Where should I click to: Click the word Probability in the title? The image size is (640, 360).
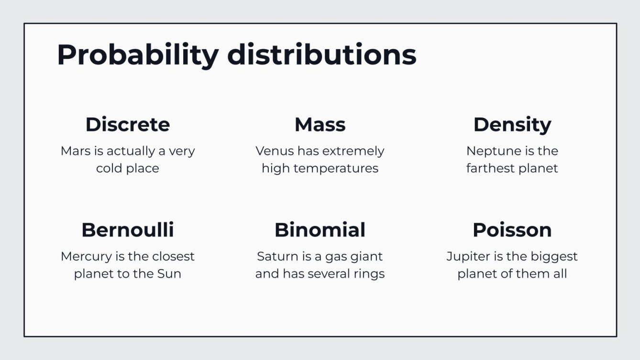pos(138,55)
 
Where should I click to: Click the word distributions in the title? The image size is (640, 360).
pos(321,55)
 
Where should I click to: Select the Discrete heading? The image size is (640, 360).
pos(128,125)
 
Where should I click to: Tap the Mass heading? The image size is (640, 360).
pos(320,125)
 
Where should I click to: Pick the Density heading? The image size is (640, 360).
pos(512,125)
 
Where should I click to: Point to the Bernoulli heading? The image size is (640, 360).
pos(128,230)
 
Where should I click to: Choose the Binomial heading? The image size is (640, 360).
pos(320,230)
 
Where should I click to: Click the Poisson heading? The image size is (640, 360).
pos(512,230)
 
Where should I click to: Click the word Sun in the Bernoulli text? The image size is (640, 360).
pos(170,274)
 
